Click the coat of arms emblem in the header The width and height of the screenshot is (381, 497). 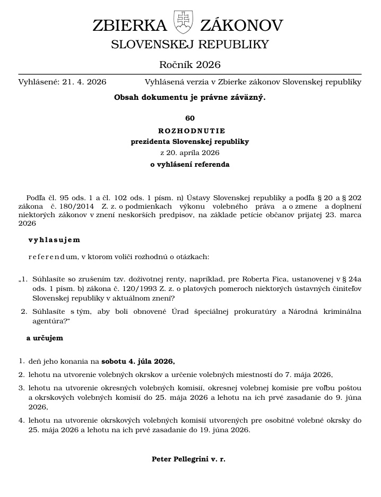click(183, 22)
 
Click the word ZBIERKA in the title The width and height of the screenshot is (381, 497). click(130, 25)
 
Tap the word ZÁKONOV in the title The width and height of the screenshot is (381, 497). click(241, 25)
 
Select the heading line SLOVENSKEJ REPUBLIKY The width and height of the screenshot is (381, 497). click(190, 45)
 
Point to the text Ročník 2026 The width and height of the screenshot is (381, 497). click(190, 65)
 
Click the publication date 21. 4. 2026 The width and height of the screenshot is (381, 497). click(84, 82)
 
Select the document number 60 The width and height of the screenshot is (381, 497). click(190, 118)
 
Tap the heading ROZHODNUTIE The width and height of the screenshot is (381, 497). click(190, 131)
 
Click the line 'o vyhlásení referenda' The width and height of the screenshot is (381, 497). click(190, 165)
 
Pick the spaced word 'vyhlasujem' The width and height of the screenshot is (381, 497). click(54, 240)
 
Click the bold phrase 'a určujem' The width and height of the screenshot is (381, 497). click(45, 338)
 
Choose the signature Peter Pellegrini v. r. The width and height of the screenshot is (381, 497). click(188, 459)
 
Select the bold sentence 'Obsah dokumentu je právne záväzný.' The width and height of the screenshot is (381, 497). click(190, 98)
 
